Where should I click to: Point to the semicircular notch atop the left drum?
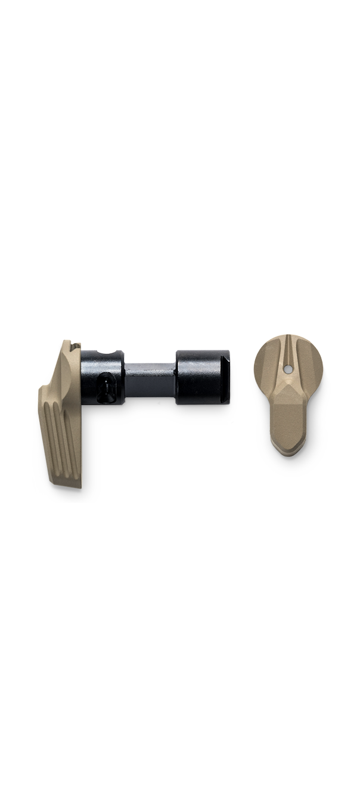click(107, 353)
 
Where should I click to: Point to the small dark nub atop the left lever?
click(75, 344)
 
